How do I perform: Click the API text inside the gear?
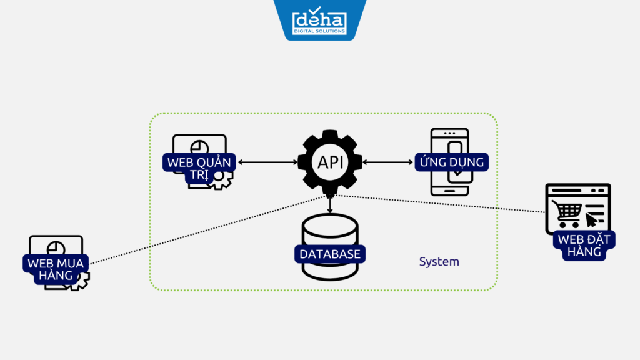pyautogui.click(x=330, y=162)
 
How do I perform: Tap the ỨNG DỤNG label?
pyautogui.click(x=451, y=162)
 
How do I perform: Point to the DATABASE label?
pyautogui.click(x=330, y=254)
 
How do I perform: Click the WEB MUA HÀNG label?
pyautogui.click(x=56, y=267)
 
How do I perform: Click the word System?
pyautogui.click(x=439, y=261)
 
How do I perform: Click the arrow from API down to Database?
pyautogui.click(x=330, y=204)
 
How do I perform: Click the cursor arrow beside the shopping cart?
pyautogui.click(x=591, y=219)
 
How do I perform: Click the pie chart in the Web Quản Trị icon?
pyautogui.click(x=199, y=146)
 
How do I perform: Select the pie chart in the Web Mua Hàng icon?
pyautogui.click(x=56, y=248)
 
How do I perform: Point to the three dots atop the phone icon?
pyautogui.click(x=449, y=134)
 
